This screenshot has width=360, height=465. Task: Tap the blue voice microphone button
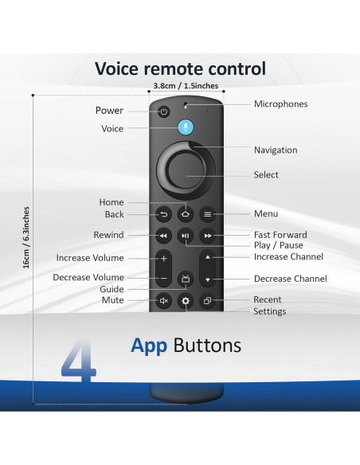pyautogui.click(x=186, y=128)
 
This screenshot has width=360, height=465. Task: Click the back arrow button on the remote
pyautogui.click(x=163, y=214)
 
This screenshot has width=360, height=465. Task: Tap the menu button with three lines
pyautogui.click(x=208, y=214)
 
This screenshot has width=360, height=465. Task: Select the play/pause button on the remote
pyautogui.click(x=186, y=236)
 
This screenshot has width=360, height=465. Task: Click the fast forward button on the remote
pyautogui.click(x=208, y=236)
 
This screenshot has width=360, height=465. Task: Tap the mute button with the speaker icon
pyautogui.click(x=163, y=301)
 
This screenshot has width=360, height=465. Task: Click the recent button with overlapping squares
pyautogui.click(x=208, y=301)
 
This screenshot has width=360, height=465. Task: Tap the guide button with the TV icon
pyautogui.click(x=186, y=278)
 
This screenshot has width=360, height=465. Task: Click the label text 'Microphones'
pyautogui.click(x=280, y=104)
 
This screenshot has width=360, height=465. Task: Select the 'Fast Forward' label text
pyautogui.click(x=280, y=235)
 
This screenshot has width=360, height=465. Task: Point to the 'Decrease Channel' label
pyautogui.click(x=290, y=279)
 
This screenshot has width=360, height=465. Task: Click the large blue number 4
pyautogui.click(x=80, y=361)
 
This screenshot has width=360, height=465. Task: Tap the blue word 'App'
pyautogui.click(x=149, y=346)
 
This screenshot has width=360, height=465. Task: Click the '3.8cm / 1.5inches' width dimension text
pyautogui.click(x=185, y=86)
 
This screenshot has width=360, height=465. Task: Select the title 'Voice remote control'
pyautogui.click(x=180, y=68)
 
